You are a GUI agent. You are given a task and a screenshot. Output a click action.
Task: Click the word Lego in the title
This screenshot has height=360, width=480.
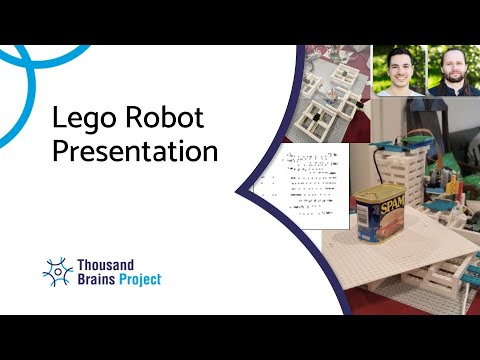[79, 119]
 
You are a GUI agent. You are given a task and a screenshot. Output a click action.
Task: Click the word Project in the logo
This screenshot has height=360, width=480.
[141, 279]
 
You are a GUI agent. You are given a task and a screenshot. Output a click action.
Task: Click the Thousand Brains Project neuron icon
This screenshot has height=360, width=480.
[58, 271]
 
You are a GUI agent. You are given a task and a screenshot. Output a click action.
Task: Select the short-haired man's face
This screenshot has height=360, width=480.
[399, 67]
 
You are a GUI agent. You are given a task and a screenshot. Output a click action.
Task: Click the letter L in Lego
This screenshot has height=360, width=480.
[58, 119]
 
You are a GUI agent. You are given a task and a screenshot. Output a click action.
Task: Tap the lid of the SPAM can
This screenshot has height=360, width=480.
[375, 188]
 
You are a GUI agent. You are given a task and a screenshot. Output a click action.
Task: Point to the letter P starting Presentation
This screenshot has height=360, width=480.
[59, 153]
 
